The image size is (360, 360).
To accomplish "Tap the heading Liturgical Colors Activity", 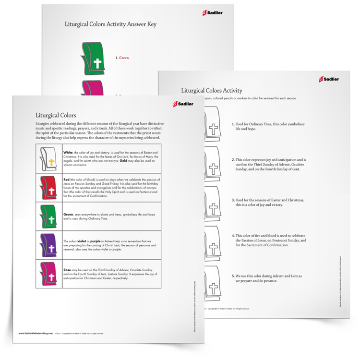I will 212,90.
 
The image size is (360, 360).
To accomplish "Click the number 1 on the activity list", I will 233,124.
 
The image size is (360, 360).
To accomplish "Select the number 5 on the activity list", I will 233,276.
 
